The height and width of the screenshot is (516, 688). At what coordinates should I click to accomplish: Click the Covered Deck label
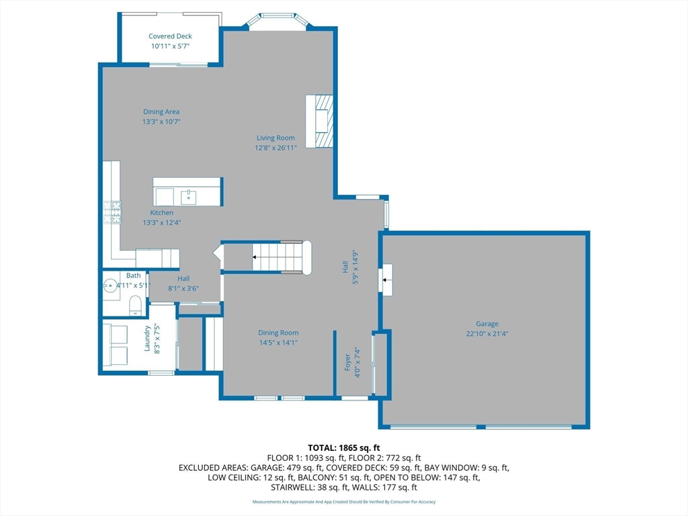[170, 36]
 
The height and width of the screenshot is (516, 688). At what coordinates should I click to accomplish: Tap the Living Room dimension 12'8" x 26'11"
[275, 148]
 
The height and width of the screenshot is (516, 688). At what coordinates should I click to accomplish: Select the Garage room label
[487, 324]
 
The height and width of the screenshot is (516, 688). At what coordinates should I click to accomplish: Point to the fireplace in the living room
[319, 121]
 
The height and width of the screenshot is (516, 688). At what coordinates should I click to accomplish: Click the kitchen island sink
[188, 198]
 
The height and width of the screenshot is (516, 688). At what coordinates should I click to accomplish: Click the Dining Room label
[278, 333]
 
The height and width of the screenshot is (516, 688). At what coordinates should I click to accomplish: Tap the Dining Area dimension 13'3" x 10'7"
[161, 122]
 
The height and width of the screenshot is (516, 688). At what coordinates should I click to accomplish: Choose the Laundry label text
[147, 339]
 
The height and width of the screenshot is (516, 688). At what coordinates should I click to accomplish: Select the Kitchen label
[161, 213]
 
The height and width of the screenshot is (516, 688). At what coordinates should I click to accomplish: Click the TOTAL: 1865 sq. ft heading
[344, 447]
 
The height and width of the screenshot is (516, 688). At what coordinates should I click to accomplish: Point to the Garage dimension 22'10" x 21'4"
[487, 333]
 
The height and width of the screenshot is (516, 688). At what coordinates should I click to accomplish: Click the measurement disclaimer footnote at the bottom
[344, 502]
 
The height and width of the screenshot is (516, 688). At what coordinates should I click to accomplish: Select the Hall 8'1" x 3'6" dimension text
[183, 288]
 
